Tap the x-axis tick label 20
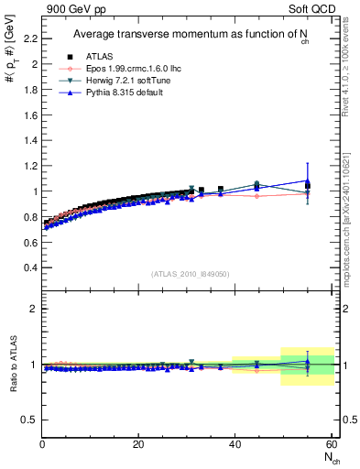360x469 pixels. point(138,444)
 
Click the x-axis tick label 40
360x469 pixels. point(235,444)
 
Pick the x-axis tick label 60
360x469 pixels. point(331,444)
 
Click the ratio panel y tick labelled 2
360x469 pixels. point(34,309)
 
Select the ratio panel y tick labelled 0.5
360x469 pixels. point(30,420)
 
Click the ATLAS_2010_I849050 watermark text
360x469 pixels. point(191,273)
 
